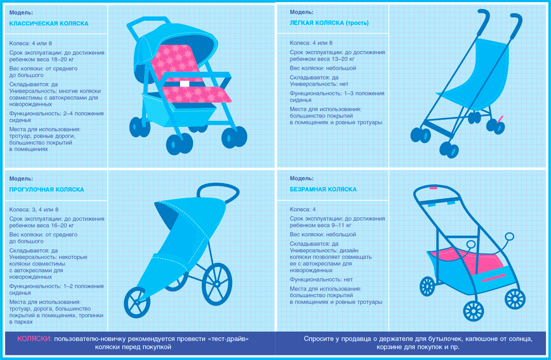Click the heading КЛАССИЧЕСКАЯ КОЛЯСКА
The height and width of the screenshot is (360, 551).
click(x=49, y=23)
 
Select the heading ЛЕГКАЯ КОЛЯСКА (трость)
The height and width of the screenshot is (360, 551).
click(x=329, y=23)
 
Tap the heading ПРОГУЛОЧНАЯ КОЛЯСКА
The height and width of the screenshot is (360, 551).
click(x=46, y=190)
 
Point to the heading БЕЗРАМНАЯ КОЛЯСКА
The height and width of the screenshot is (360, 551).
click(x=323, y=189)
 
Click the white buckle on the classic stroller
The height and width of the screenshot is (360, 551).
click(x=185, y=84)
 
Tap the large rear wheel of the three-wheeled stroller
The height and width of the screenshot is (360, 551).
click(x=217, y=284)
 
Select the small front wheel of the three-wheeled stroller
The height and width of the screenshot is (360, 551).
click(x=137, y=302)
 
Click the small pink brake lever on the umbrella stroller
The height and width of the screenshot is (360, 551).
click(x=499, y=119)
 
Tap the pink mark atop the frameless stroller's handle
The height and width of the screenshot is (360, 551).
click(x=433, y=188)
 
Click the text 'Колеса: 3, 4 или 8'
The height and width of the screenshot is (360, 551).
click(x=34, y=210)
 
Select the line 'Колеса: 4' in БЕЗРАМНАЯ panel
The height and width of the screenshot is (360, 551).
click(x=303, y=209)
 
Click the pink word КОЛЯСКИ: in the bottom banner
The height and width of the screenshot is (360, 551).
click(x=34, y=339)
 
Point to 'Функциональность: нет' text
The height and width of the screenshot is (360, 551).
click(x=321, y=279)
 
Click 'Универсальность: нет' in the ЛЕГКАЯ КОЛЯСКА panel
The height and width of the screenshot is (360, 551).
click(x=319, y=84)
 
